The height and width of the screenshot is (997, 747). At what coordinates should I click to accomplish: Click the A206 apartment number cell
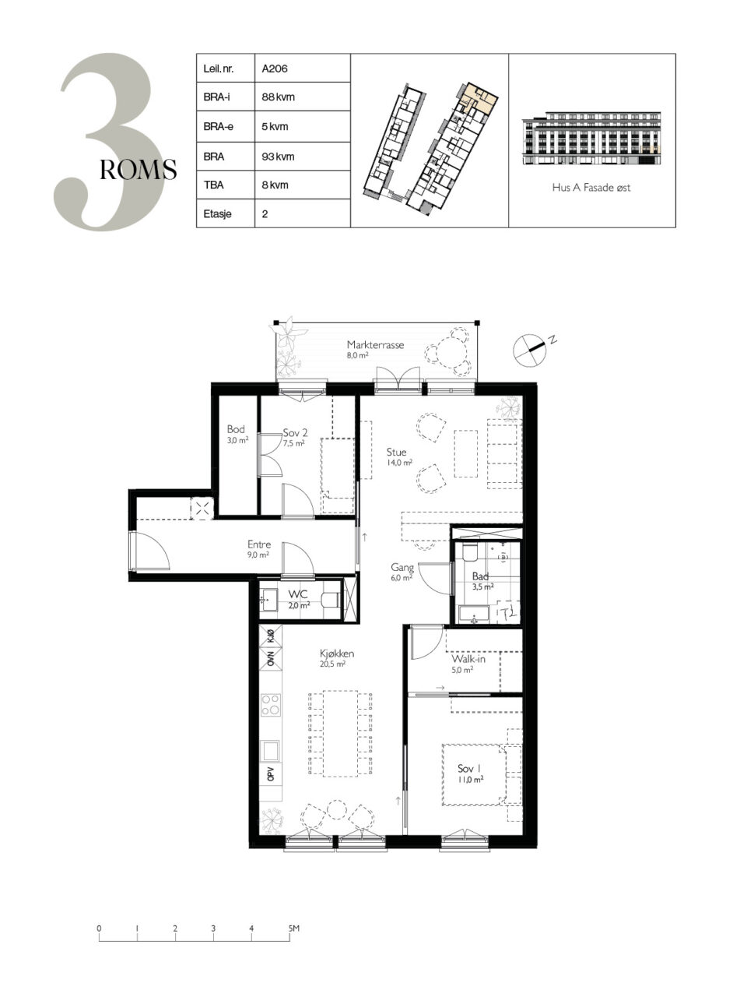(275, 69)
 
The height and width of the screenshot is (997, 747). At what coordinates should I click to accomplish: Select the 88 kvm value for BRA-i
(278, 97)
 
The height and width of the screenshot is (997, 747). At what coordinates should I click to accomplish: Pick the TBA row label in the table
(213, 185)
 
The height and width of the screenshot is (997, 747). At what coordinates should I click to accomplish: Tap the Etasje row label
(217, 213)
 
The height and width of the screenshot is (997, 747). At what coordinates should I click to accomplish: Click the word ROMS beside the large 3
(138, 170)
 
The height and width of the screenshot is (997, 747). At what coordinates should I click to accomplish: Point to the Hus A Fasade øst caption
(591, 188)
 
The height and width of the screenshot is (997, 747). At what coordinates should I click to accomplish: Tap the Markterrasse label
(375, 345)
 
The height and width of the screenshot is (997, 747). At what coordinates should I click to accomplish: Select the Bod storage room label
(236, 429)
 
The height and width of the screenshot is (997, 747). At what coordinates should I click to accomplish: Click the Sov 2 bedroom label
(295, 432)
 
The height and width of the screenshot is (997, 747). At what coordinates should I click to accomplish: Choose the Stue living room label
(396, 452)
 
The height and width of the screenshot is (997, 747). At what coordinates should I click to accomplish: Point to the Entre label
(259, 544)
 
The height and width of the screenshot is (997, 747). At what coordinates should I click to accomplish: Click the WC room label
(298, 594)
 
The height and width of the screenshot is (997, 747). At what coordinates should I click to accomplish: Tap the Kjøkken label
(336, 654)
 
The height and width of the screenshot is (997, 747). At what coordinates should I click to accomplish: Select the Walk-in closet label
(468, 659)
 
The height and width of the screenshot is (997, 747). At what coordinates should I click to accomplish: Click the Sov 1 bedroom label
(469, 769)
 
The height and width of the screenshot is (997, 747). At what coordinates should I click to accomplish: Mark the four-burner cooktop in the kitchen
(270, 706)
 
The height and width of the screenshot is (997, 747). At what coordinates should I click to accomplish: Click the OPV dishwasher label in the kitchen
(271, 774)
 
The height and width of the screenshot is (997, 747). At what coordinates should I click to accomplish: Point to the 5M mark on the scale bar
(294, 928)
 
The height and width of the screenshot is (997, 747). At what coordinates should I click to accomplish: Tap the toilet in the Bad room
(469, 552)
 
